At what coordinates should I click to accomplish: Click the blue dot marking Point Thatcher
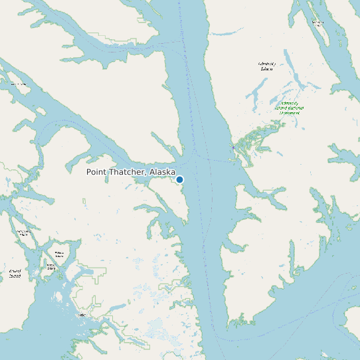(179, 179)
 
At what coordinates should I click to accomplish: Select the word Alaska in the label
(162, 172)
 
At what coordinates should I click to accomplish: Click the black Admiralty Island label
(266, 66)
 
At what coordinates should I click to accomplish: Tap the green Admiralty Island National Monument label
(289, 108)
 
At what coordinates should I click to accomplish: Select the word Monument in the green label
(289, 113)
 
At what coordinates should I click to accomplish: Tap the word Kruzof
(15, 270)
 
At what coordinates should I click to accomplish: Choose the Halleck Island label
(60, 254)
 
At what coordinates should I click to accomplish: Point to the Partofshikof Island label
(24, 233)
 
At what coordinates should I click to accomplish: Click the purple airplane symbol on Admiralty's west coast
(233, 147)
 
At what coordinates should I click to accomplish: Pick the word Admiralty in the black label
(266, 64)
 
